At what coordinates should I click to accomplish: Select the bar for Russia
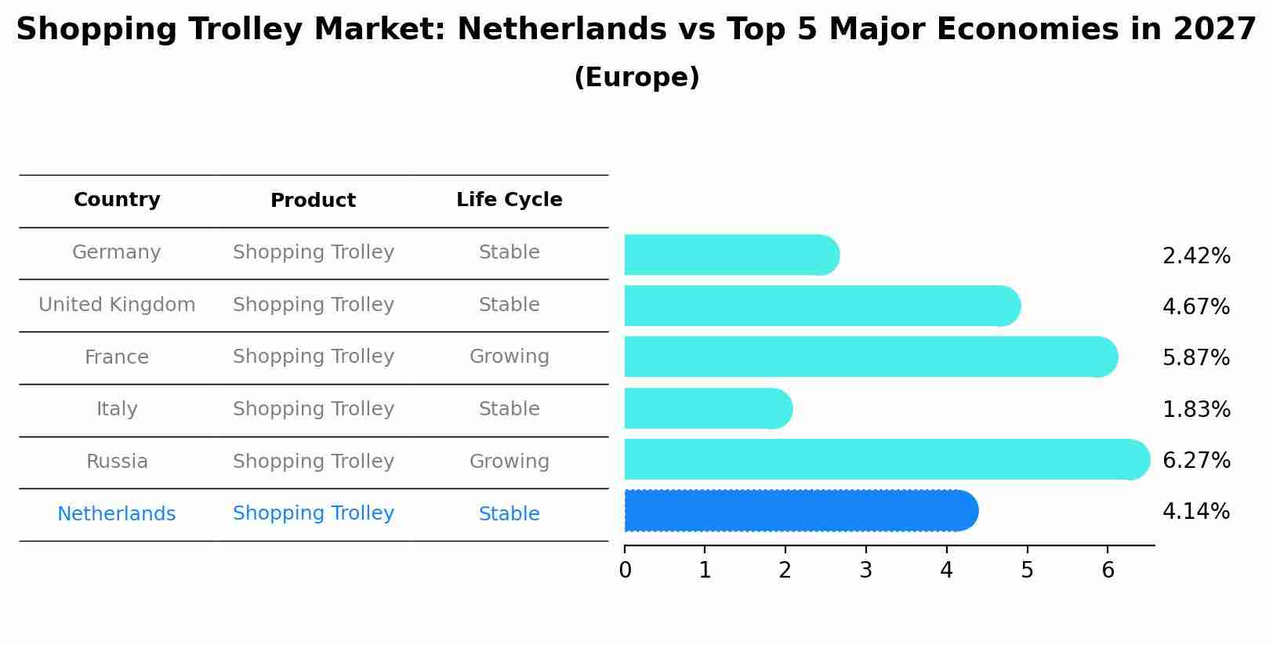[x=886, y=460]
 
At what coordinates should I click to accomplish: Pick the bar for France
[x=870, y=357]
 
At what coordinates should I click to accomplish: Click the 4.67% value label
[x=1196, y=307]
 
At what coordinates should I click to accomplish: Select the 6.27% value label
[x=1196, y=461]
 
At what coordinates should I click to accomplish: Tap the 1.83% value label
[x=1196, y=410]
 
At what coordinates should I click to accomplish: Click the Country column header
[x=117, y=201]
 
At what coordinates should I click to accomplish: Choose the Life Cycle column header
[x=509, y=201]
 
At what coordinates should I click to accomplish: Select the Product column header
[x=313, y=201]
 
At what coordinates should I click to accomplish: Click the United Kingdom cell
[x=117, y=305]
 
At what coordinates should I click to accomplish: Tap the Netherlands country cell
[x=117, y=514]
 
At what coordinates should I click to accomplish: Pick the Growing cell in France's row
[x=509, y=357]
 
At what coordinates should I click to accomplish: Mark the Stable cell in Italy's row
[x=509, y=409]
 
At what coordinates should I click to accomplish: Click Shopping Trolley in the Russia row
[x=313, y=462]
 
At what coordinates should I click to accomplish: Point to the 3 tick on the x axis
[x=865, y=571]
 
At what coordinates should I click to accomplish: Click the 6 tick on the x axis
[x=1108, y=571]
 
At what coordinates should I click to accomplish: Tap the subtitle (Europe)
[x=636, y=78]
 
